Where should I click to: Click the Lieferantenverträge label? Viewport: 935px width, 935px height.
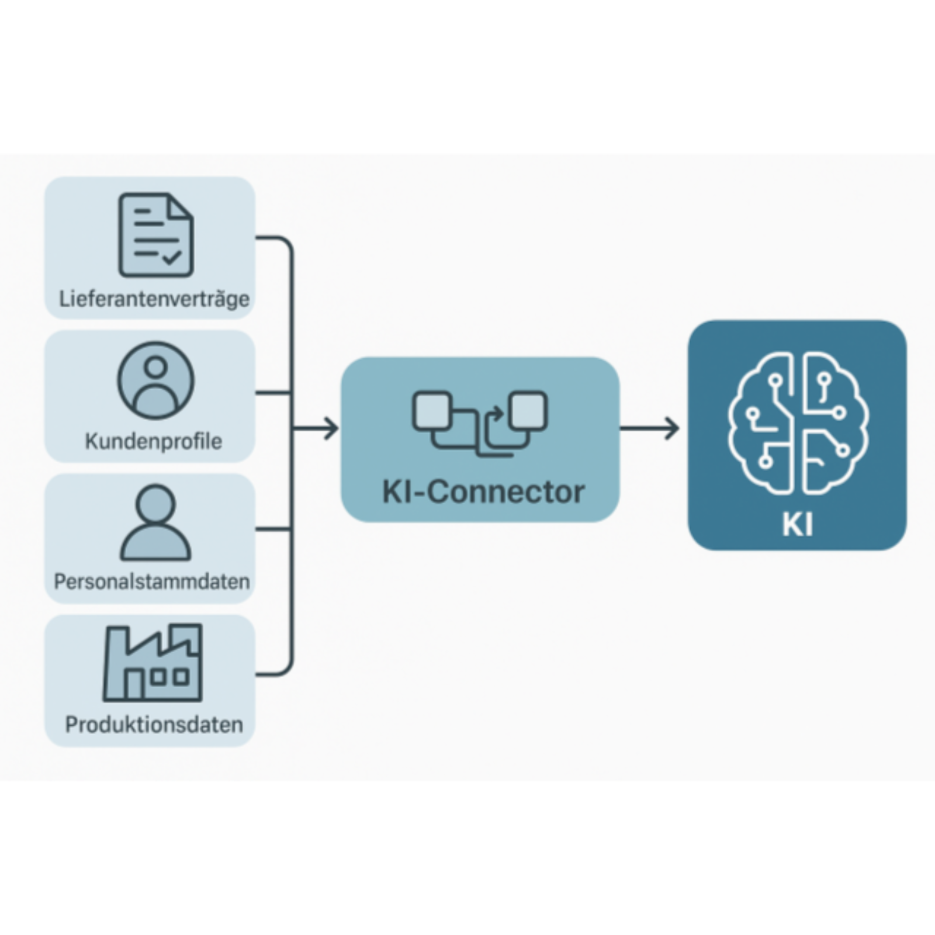tap(154, 299)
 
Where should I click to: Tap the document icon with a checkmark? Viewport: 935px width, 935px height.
tap(156, 235)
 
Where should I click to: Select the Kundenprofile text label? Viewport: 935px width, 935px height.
tap(154, 441)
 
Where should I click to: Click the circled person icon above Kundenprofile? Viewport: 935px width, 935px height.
tap(155, 380)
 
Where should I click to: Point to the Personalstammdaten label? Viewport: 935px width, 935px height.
tap(152, 581)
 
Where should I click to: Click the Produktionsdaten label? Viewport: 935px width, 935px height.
tap(154, 725)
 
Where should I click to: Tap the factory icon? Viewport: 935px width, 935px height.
tap(153, 663)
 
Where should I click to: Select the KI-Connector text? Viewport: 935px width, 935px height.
tap(483, 492)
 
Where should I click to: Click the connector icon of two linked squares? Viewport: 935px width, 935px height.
tap(480, 423)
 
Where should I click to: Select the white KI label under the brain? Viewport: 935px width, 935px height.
tap(797, 524)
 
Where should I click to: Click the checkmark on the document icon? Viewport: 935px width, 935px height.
tap(172, 257)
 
